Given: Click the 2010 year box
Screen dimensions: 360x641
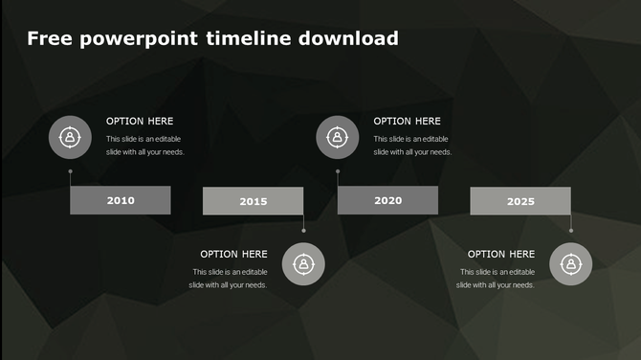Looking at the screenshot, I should pos(121,200).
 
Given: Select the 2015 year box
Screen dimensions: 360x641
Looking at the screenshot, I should pos(254,201).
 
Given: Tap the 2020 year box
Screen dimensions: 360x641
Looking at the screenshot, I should pos(387,200).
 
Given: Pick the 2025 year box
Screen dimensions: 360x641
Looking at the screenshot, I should pos(520,201).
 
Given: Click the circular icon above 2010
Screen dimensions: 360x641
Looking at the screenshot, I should pos(70,138).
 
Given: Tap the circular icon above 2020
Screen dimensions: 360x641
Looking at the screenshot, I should pos(338,138).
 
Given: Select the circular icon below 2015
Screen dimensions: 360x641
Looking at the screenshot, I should pos(303,264).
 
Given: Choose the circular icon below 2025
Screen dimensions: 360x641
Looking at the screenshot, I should pos(570,264).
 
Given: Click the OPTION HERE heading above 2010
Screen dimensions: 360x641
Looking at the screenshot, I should pos(140,122).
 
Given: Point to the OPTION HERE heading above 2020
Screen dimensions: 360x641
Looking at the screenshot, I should pos(407,122).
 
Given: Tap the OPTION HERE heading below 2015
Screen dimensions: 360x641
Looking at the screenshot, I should pos(233,255).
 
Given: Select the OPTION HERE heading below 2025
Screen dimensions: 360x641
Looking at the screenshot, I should pos(501,255).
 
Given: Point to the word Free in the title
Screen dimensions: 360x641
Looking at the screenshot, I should pos(48,39).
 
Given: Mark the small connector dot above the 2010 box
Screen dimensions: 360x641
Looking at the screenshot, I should pos(70,171).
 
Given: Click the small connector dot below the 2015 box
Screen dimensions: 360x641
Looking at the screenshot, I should pos(303,231).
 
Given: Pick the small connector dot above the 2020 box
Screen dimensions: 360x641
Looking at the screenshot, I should pos(338,171).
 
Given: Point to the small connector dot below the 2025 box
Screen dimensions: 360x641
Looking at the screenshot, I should pos(570,231).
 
